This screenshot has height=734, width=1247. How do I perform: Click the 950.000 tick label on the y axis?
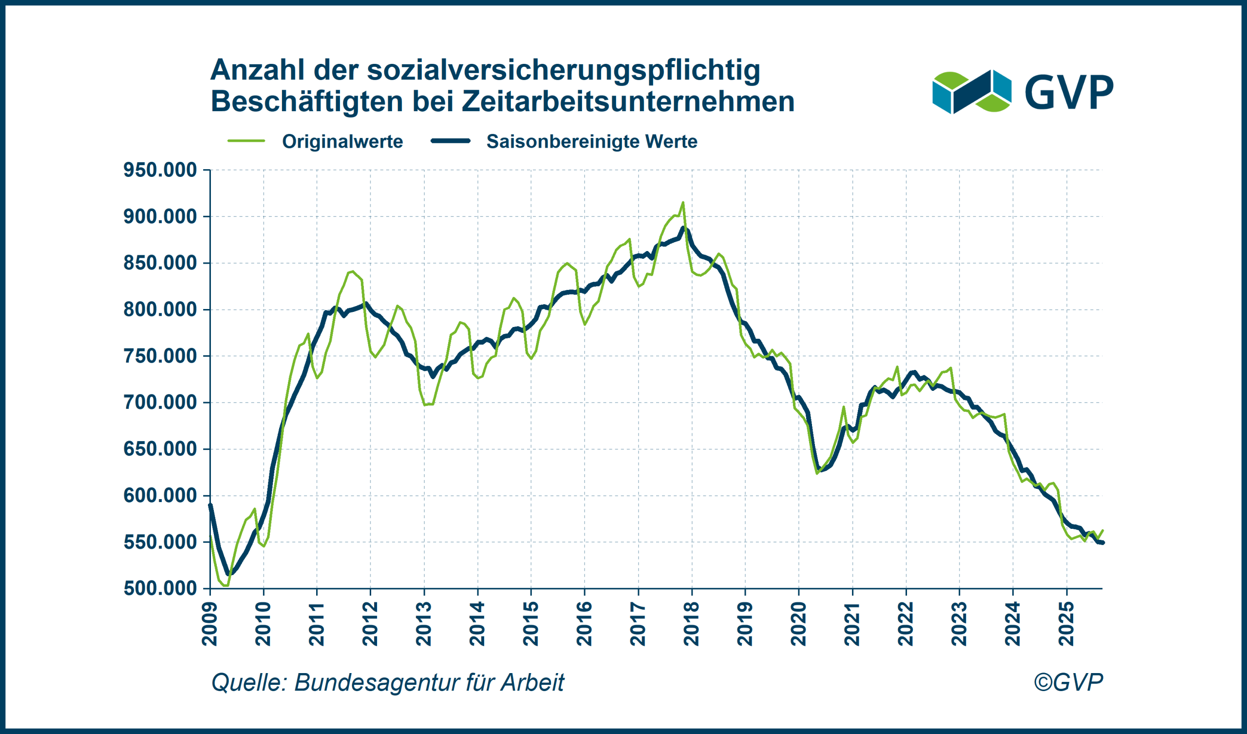click(x=160, y=170)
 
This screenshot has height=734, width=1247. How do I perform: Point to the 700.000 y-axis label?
click(x=160, y=402)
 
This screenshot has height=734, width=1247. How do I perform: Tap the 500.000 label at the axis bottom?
click(x=160, y=588)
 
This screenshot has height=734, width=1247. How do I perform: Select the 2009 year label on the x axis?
click(x=210, y=624)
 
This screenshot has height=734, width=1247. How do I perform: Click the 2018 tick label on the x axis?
click(x=691, y=624)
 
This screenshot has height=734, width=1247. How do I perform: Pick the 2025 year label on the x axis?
click(x=1066, y=624)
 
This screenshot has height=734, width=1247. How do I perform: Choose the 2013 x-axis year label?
click(x=424, y=624)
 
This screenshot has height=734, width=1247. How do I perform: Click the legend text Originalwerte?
click(x=342, y=142)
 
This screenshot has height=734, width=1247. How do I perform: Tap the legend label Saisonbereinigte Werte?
click(x=592, y=142)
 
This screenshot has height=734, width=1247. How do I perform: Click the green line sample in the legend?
click(x=246, y=141)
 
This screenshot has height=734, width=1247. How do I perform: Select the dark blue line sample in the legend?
click(x=450, y=141)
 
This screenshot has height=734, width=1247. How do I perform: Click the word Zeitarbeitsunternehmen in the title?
click(x=628, y=101)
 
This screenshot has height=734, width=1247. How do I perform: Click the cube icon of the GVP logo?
click(x=972, y=92)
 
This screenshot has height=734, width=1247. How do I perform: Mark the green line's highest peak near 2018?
click(x=683, y=202)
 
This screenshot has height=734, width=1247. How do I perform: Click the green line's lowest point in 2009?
click(x=227, y=586)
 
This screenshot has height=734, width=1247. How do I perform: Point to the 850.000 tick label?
click(x=160, y=263)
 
